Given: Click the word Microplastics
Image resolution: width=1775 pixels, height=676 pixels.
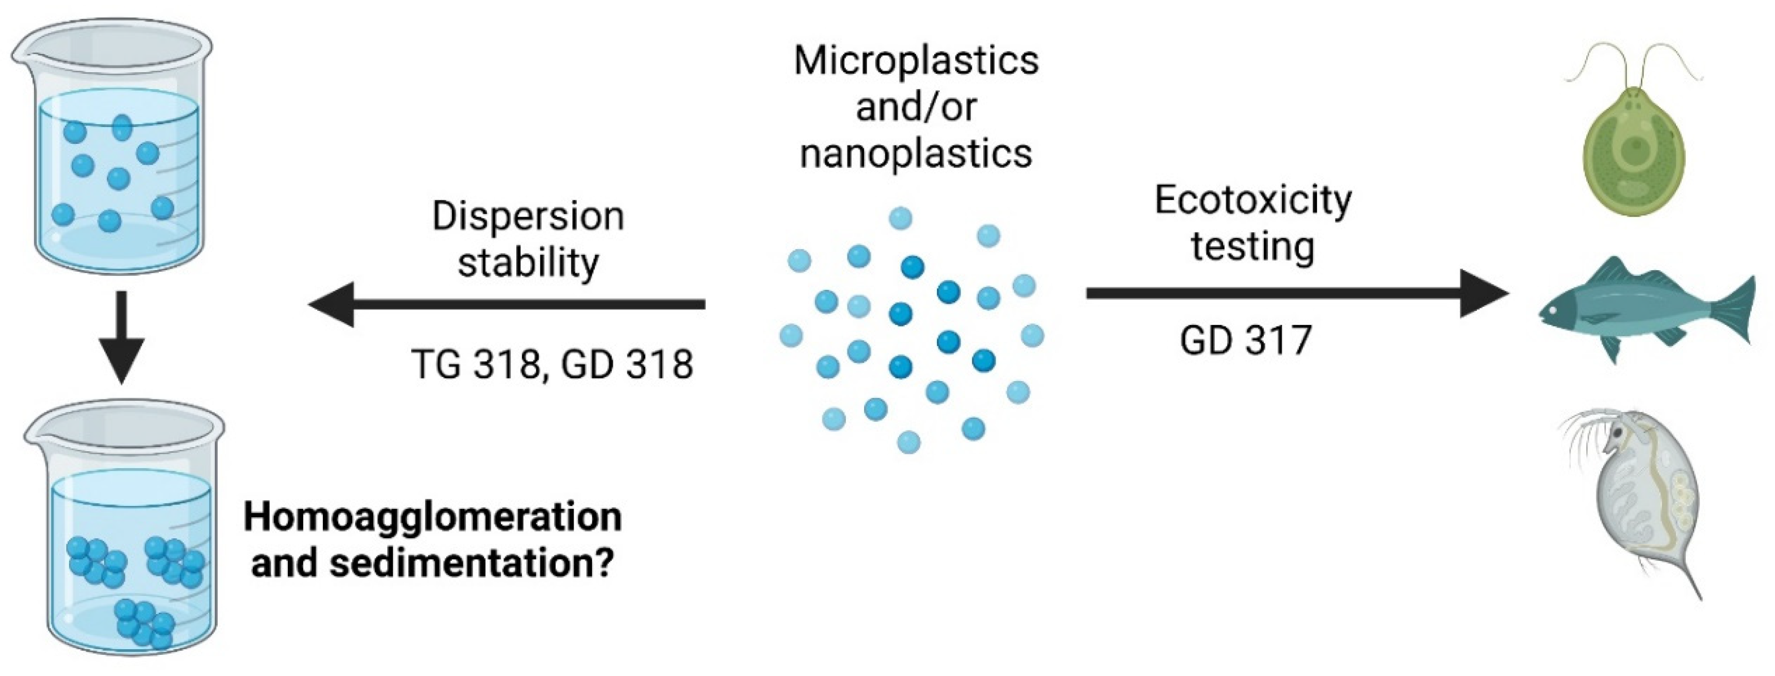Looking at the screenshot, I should click(x=916, y=61).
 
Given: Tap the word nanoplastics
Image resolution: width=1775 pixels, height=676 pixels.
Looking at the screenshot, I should click(x=916, y=153).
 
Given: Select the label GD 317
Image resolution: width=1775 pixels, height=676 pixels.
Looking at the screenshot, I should click(x=1246, y=340).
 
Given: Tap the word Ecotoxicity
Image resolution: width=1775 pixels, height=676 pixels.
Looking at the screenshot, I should click(x=1252, y=201).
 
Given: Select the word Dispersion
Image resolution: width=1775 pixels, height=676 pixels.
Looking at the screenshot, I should click(x=528, y=217).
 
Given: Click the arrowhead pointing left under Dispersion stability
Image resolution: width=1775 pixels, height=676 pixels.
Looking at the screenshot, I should click(x=332, y=304).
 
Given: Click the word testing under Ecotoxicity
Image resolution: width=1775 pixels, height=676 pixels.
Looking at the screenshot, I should click(x=1252, y=246).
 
